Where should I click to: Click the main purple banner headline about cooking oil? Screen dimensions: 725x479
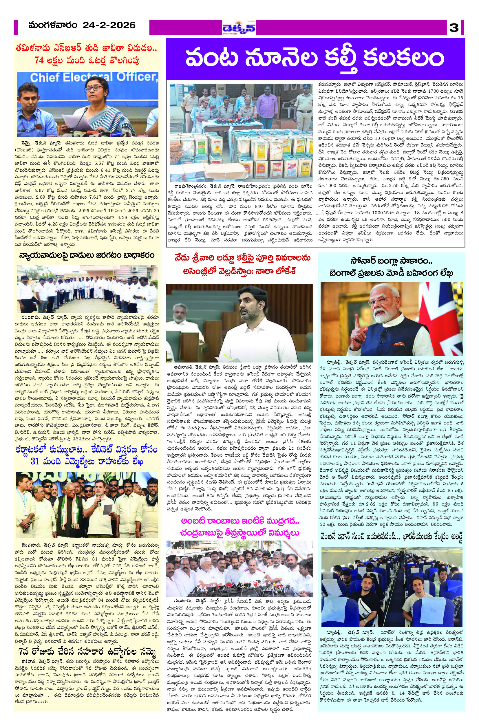pos(315,57)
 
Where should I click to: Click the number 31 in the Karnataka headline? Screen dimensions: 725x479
pos(35,462)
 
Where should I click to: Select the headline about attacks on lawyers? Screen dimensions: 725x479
pos(87,255)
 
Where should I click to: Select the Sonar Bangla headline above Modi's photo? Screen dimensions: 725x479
pos(391,267)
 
